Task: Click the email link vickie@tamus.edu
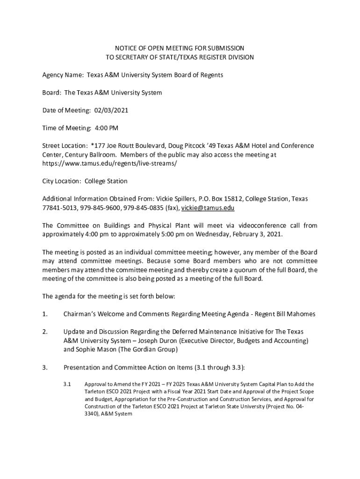pos(208,208)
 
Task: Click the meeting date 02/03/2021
pos(111,110)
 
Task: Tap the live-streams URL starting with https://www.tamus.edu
pos(110,164)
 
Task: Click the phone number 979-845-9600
pos(98,208)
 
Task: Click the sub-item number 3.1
pos(67,384)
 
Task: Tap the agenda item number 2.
pos(45,332)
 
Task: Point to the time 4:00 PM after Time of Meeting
pos(107,128)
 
